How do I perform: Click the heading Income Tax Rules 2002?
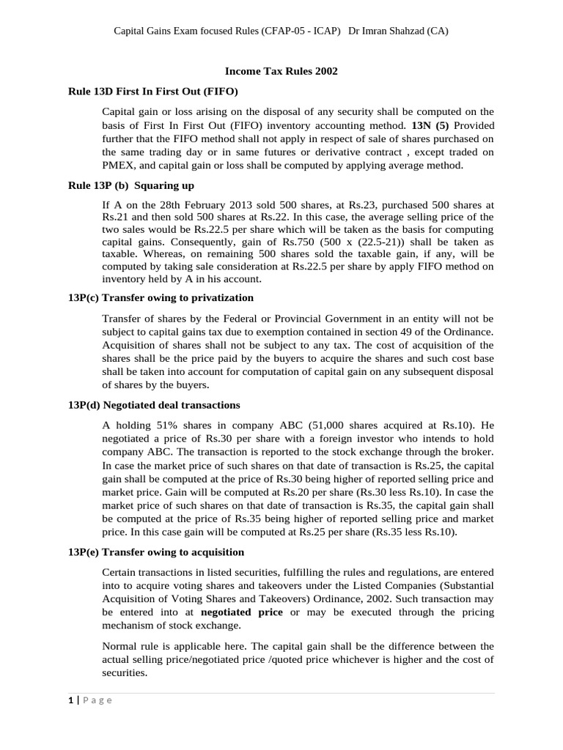tap(281, 71)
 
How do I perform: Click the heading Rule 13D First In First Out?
tap(153, 92)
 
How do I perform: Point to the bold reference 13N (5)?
tap(431, 125)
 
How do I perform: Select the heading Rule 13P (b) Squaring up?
tap(131, 185)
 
